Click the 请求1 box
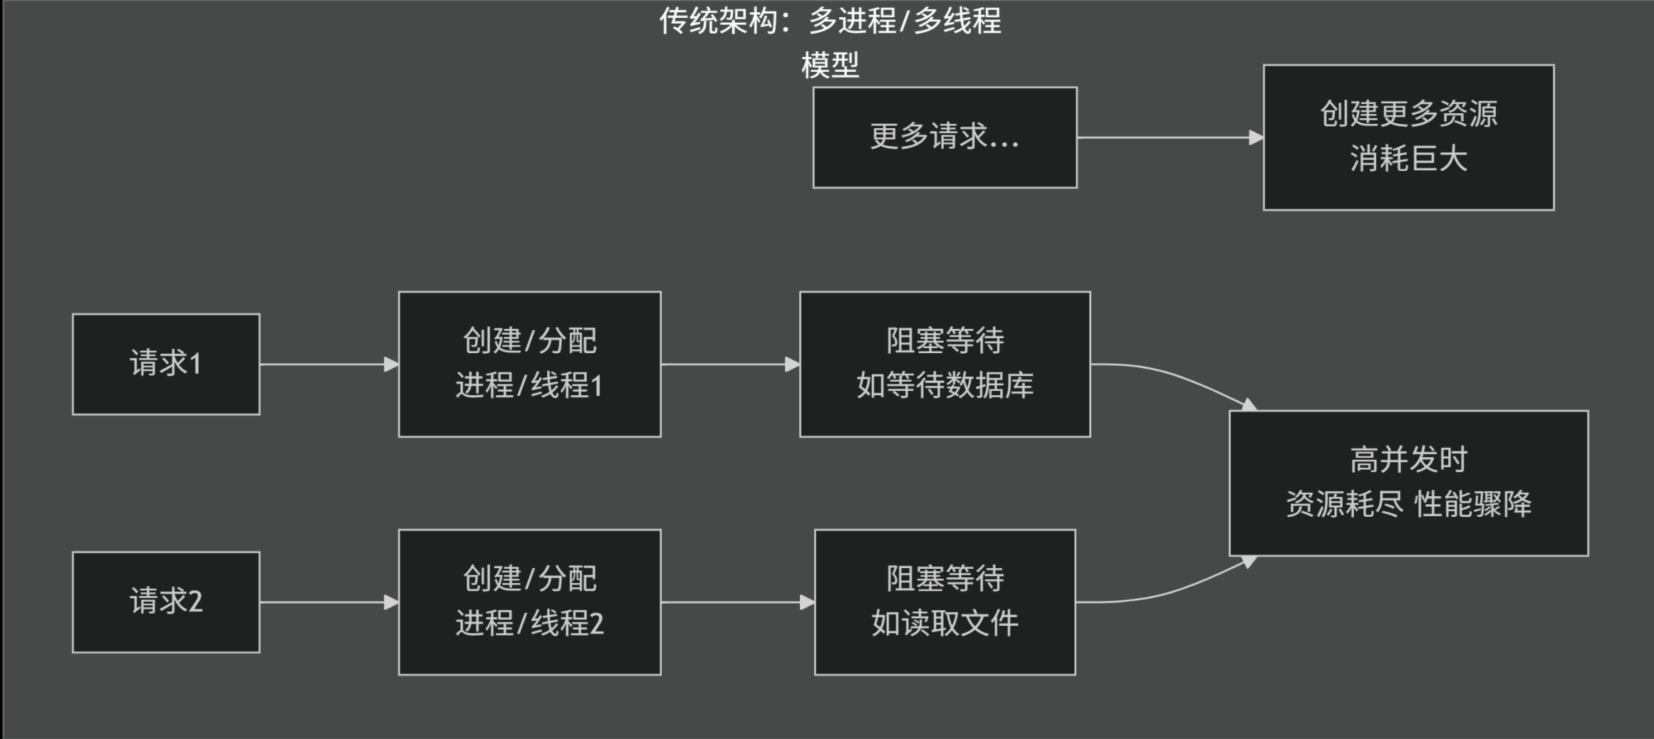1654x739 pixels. click(166, 364)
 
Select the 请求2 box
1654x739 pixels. click(166, 602)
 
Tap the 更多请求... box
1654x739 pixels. click(945, 137)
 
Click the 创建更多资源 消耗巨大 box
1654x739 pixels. click(1408, 137)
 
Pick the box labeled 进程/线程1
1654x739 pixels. click(529, 364)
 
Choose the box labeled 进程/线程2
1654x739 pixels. click(529, 602)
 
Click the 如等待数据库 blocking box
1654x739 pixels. click(945, 364)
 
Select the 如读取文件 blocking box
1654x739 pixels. click(945, 602)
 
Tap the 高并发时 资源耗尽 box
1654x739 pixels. click(1408, 483)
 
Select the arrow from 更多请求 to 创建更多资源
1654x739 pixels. click(1168, 137)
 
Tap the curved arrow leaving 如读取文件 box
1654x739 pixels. click(1175, 589)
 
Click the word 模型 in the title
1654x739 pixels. click(830, 65)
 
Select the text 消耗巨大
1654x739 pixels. click(1408, 159)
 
